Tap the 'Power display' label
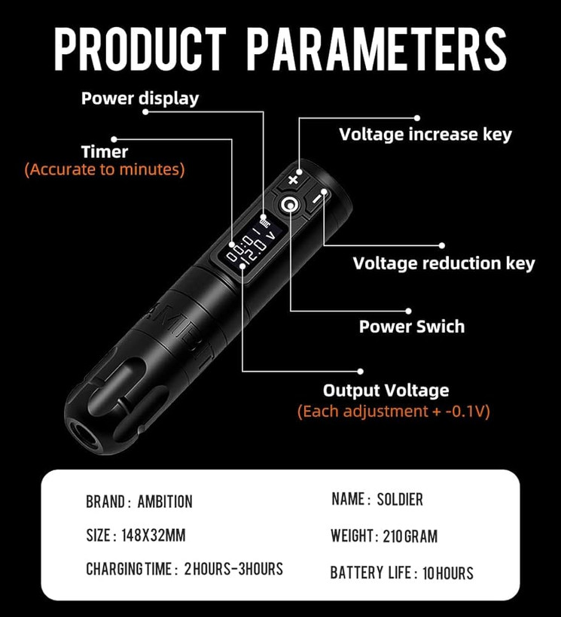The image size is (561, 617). (x=140, y=98)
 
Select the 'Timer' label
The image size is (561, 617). (x=105, y=151)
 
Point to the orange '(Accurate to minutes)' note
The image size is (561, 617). (x=105, y=169)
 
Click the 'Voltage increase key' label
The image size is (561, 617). (x=425, y=135)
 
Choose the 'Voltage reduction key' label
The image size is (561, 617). (x=444, y=263)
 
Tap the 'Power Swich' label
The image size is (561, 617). (x=411, y=327)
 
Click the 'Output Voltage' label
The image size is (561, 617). (x=386, y=391)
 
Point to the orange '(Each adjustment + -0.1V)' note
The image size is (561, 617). (x=393, y=412)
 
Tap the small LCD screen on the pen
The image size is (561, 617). (x=252, y=242)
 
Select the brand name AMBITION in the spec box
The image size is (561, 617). (x=165, y=501)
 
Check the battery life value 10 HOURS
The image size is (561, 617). (x=447, y=573)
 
